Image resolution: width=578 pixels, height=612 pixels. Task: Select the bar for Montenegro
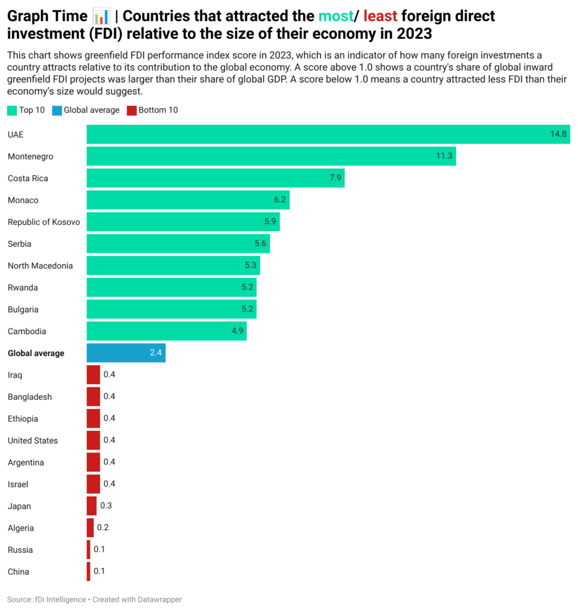271,157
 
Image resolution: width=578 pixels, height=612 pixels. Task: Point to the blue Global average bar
126,353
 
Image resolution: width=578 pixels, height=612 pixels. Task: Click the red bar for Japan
91,506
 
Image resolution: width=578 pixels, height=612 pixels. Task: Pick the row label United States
33,440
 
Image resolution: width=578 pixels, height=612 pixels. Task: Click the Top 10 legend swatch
12,110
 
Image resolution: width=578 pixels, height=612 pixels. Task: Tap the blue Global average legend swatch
57,110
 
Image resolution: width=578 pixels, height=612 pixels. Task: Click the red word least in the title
380,16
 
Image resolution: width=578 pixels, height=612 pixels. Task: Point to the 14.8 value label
558,134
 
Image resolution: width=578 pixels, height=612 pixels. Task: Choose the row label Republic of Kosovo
44,222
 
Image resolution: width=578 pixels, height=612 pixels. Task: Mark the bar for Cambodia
166,331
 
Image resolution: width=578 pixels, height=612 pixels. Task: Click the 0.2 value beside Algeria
103,528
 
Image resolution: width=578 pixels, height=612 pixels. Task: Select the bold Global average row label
36,353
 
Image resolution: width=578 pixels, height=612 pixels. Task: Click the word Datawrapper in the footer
160,599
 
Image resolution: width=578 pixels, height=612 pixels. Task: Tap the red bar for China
88,571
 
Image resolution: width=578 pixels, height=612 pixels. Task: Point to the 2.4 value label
155,353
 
